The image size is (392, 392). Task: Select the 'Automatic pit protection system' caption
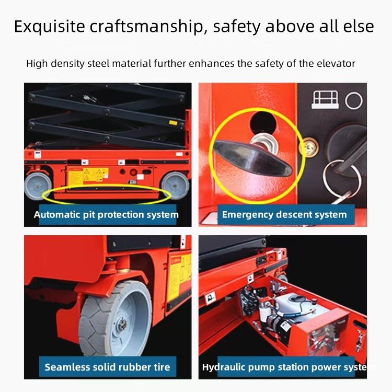106,214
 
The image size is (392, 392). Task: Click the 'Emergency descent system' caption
284,214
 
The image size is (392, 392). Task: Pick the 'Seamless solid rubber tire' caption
108,367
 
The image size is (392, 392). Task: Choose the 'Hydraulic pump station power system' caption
289,367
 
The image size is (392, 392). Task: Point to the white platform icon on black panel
325,99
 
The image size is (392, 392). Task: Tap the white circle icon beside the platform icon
354,100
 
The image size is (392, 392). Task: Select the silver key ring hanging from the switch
342,177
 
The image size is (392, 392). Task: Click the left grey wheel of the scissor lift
38,186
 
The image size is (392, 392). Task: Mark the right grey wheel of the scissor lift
175,185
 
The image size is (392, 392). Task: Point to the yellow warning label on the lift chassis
88,176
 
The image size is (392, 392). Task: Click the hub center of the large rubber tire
122,324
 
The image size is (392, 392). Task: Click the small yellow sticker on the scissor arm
173,122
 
